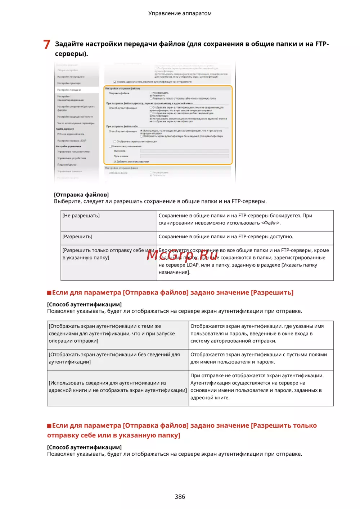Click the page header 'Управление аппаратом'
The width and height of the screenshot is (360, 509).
pyautogui.click(x=180, y=13)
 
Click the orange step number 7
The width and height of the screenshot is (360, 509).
pyautogui.click(x=46, y=45)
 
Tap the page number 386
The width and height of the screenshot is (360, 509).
pyautogui.click(x=180, y=496)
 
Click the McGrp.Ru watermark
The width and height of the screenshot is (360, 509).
pyautogui.click(x=182, y=255)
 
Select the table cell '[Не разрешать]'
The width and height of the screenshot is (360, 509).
pyautogui.click(x=81, y=216)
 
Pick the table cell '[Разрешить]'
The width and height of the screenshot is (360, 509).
pyautogui.click(x=77, y=237)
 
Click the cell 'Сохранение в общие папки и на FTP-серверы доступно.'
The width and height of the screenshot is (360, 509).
pyautogui.click(x=226, y=237)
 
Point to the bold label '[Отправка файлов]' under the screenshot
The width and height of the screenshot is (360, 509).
pyautogui.click(x=81, y=195)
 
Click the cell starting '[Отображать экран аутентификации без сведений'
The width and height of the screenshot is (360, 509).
pyautogui.click(x=114, y=358)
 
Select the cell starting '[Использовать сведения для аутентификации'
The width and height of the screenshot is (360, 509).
pyautogui.click(x=118, y=387)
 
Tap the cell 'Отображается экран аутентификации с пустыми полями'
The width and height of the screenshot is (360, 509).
pyautogui.click(x=258, y=358)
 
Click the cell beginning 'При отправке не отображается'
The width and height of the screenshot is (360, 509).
pyautogui.click(x=257, y=387)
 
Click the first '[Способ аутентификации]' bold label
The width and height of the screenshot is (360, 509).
pyautogui.click(x=84, y=305)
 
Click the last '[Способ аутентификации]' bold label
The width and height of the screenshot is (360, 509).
pyautogui.click(x=84, y=447)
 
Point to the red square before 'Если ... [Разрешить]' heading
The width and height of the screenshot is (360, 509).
pyautogui.click(x=49, y=293)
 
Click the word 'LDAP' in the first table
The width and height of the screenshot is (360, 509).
pyautogui.click(x=193, y=265)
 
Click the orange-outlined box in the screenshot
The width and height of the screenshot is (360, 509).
pyautogui.click(x=168, y=125)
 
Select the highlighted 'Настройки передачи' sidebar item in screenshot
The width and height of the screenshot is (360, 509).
pyautogui.click(x=69, y=90)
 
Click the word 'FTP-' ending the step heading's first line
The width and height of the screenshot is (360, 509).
pyautogui.click(x=322, y=44)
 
